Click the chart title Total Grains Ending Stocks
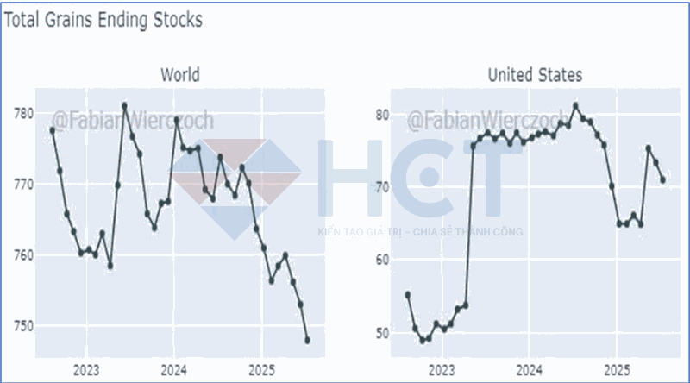[103, 20]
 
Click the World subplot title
[179, 75]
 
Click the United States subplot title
[535, 75]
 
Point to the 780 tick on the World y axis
[23, 114]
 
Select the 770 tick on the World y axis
[23, 185]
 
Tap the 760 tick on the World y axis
[23, 255]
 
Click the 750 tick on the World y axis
[23, 326]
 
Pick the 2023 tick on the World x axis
[86, 371]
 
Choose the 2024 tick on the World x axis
[174, 371]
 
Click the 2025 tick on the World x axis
[262, 371]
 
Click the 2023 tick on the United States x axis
[442, 371]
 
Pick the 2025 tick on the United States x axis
[616, 371]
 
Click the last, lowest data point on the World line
[307, 341]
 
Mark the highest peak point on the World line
[124, 105]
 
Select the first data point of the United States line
[407, 295]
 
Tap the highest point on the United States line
[575, 106]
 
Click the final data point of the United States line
[662, 179]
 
